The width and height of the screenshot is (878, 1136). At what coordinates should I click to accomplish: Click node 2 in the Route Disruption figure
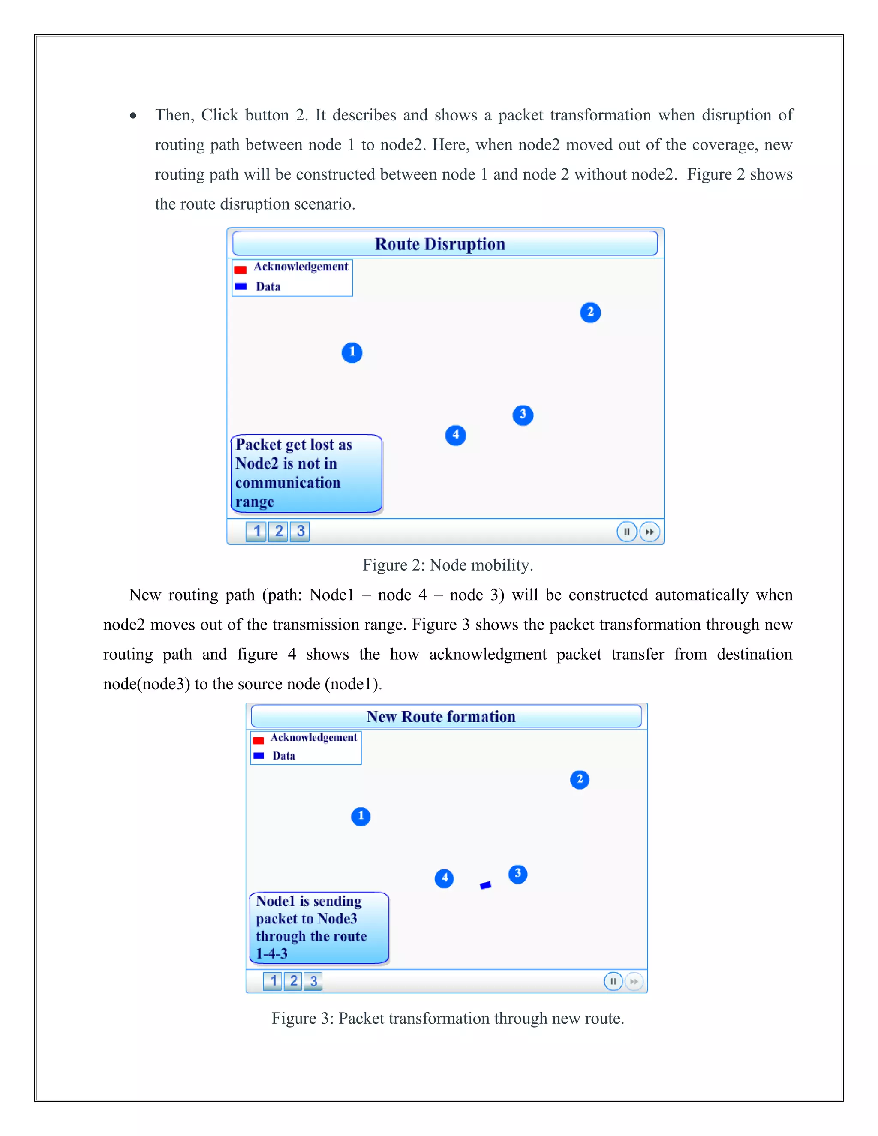coord(590,313)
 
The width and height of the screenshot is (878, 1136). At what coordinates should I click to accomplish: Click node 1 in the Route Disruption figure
coord(352,353)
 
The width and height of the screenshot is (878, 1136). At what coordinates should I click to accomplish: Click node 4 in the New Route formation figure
coord(444,878)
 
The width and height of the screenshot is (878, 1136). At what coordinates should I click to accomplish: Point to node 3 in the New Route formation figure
coord(517,874)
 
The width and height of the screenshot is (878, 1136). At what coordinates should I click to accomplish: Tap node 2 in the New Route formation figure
coord(580,780)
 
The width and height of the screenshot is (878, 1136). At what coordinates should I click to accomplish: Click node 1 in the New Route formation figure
coord(361,817)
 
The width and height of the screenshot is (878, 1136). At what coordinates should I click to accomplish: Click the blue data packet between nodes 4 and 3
coord(485,885)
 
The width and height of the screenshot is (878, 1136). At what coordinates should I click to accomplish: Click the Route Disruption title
coord(439,244)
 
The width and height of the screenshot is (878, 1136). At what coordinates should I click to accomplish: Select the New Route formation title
coord(441,717)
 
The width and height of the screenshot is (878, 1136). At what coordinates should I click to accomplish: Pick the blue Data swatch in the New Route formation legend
coord(259,756)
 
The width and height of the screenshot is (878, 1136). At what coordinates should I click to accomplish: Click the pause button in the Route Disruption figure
coord(626,532)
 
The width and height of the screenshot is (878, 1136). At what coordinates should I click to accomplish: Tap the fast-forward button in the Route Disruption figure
coord(649,532)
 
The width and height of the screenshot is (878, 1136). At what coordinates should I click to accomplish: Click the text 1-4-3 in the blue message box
coord(271,953)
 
